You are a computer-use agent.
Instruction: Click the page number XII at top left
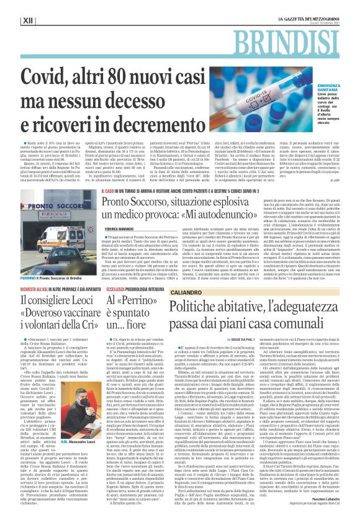pyautogui.click(x=27, y=20)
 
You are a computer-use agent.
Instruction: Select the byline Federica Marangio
pyautogui.click(x=120, y=230)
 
